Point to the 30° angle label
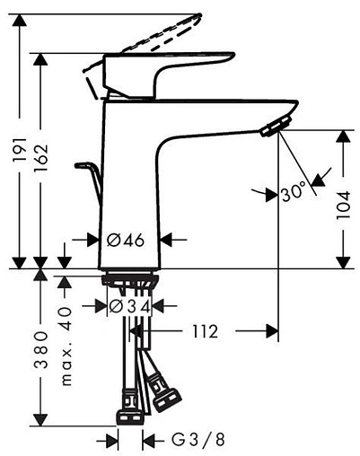(x=294, y=192)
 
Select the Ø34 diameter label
(x=127, y=307)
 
